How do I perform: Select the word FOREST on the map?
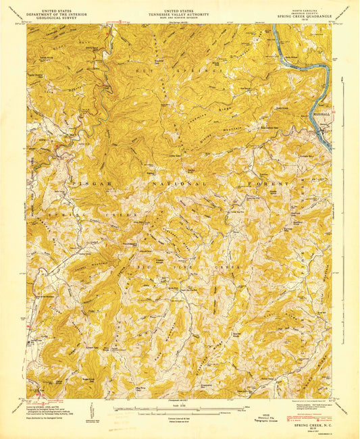point(266,183)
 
